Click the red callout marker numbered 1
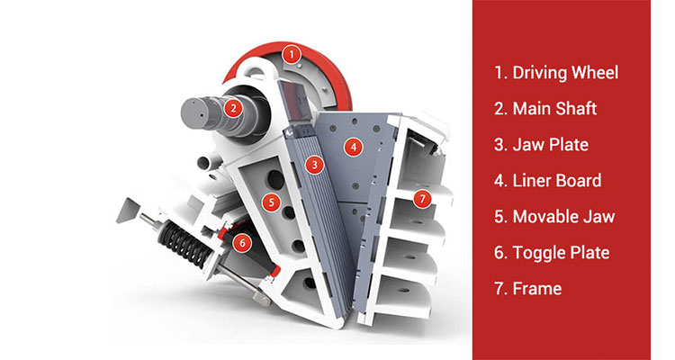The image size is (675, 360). (291, 54)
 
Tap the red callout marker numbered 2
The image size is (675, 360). (233, 108)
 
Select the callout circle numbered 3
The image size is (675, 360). (313, 165)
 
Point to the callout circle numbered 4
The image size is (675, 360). (355, 146)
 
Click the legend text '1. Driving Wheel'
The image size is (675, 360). (555, 73)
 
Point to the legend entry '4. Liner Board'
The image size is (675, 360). (547, 181)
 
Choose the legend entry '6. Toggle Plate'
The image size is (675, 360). (551, 253)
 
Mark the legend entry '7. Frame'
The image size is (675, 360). (527, 289)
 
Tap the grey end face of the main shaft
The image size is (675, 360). (199, 113)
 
